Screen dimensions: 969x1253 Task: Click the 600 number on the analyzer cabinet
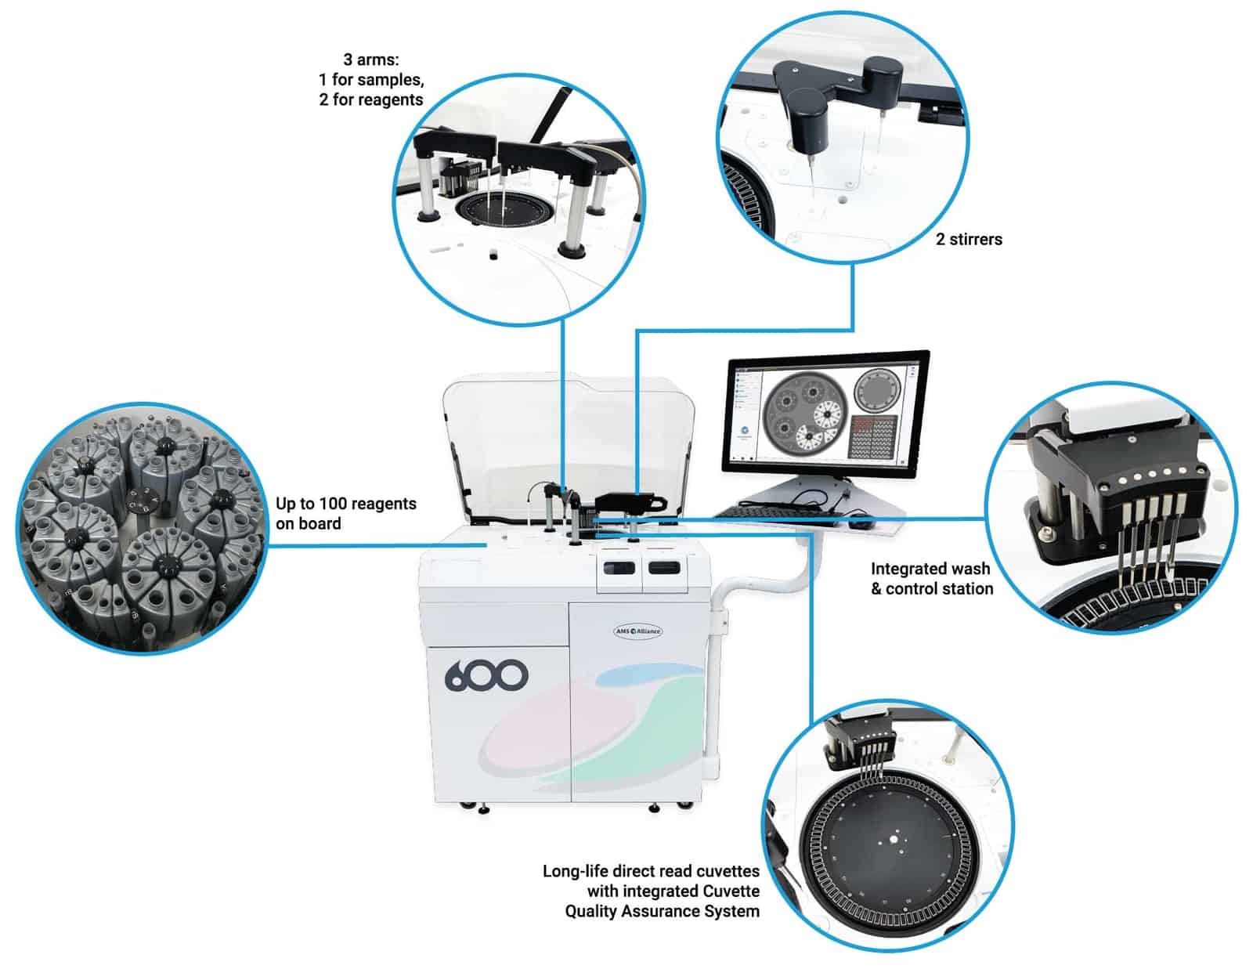[x=486, y=675]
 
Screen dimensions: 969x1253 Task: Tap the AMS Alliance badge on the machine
[x=637, y=631]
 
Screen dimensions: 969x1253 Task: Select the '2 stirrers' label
[x=969, y=240]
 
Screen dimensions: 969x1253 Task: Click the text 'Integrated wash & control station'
[x=931, y=579]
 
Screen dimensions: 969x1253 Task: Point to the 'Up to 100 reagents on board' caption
[x=345, y=513]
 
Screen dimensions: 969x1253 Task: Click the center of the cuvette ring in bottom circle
[x=892, y=840]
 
